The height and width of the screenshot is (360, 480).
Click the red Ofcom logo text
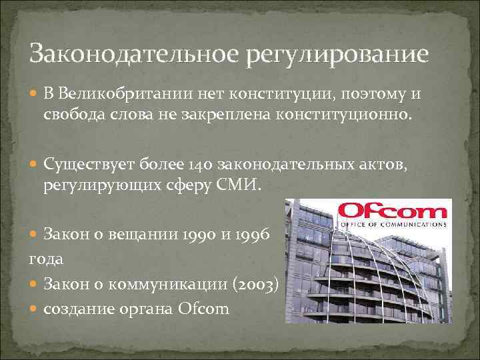[391, 212]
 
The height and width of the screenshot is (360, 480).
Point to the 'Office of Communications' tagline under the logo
[391, 225]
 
